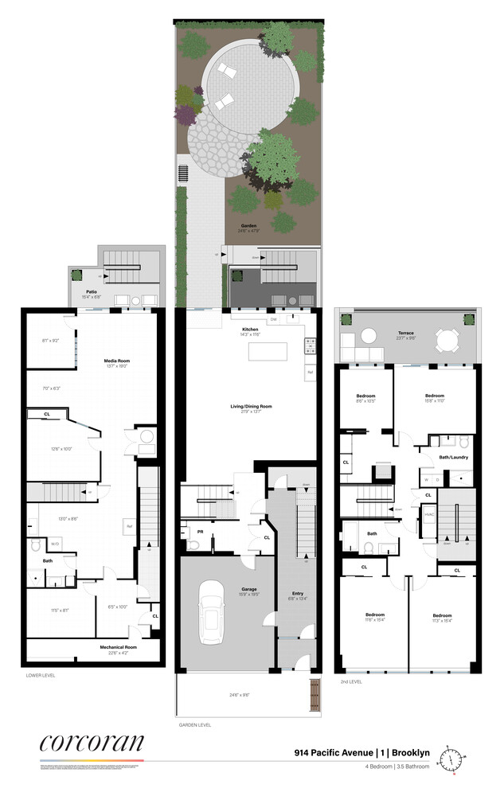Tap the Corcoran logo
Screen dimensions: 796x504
92,744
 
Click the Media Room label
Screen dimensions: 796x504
117,361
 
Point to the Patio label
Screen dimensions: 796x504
92,292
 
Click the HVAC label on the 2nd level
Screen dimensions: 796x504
428,514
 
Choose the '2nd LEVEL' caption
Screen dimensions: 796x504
351,683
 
